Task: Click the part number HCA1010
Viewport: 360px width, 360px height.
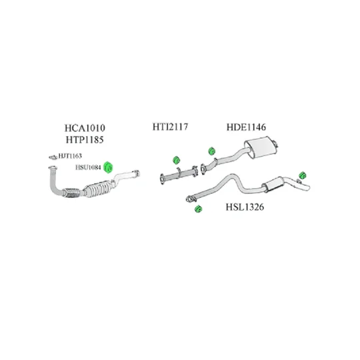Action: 85,128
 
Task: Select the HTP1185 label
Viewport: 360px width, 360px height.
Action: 85,139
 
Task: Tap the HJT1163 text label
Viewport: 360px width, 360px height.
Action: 70,156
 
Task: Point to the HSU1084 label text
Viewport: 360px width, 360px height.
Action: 88,167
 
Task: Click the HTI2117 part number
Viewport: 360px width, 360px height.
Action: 170,127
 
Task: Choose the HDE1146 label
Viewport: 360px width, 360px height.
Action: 246,127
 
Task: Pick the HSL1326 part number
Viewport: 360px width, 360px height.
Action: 245,207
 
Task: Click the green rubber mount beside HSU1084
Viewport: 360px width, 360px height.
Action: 108,167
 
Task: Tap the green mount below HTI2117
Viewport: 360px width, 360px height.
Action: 176,160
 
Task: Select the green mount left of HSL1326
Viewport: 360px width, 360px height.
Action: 198,209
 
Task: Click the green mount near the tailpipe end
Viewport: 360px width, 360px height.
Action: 303,175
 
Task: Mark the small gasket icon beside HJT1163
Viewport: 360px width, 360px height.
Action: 53,157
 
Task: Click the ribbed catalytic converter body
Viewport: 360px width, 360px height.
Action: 97,189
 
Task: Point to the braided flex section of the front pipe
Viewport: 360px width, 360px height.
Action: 71,193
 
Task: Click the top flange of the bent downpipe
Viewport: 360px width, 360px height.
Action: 53,167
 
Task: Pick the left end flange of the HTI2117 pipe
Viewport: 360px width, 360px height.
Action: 162,179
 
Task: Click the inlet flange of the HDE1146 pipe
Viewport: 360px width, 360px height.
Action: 203,169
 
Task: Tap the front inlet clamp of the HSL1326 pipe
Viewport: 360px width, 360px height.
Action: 189,199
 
